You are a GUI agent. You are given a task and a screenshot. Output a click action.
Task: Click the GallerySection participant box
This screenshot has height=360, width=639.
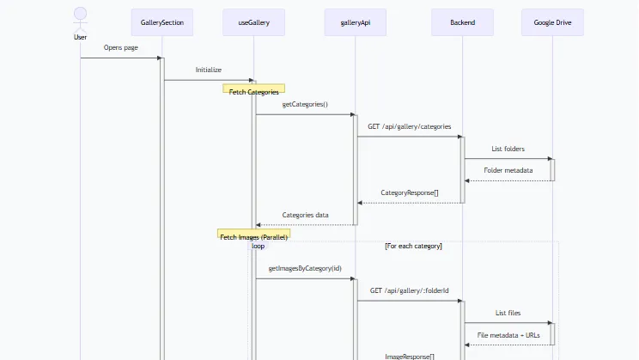coord(162,22)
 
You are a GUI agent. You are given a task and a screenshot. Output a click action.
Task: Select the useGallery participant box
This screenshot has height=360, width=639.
coord(253,22)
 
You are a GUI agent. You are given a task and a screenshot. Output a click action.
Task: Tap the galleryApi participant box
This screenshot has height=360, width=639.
coord(356,22)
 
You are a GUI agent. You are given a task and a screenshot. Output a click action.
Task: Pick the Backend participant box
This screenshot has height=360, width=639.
coord(463,22)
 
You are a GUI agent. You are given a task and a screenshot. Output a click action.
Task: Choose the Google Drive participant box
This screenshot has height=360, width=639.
coord(552,22)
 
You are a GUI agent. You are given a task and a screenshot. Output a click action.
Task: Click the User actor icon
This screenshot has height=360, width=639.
coord(80,20)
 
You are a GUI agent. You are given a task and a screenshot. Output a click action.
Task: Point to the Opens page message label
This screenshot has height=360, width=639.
coord(120,48)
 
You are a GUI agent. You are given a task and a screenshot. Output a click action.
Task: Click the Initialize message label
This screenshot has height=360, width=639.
coord(208,70)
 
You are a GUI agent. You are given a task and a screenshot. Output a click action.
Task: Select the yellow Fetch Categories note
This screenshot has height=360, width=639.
coord(253,88)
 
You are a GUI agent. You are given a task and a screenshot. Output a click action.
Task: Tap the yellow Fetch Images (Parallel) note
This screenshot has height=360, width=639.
coord(253,234)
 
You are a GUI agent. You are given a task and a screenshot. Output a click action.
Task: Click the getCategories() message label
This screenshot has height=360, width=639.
coord(305,104)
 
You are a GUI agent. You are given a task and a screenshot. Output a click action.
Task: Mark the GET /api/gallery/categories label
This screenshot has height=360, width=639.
coord(409,127)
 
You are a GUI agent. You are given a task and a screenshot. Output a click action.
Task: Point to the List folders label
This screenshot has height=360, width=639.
coord(508,149)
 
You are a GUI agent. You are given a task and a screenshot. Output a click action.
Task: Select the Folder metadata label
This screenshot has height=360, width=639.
coord(508,170)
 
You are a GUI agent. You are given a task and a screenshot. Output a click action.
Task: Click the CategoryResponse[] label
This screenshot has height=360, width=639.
coord(410,192)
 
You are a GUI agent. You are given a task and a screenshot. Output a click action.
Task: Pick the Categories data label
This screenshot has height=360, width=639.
coord(305,215)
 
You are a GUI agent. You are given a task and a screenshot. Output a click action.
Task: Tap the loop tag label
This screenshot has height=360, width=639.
coord(258,246)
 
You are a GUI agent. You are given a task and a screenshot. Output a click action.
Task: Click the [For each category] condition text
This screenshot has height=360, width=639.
coord(413,247)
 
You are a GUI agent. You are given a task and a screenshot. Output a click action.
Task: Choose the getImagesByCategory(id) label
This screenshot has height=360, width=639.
coord(305,268)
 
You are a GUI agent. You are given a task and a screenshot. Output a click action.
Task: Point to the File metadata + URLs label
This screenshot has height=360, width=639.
coord(508,335)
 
